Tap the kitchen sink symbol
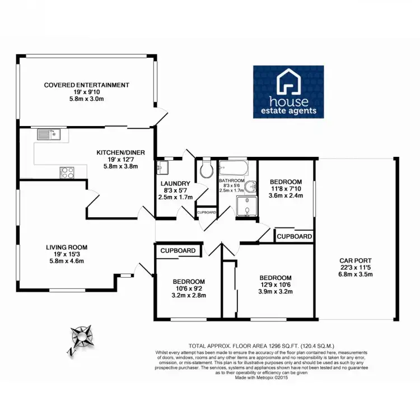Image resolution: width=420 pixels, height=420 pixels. pyautogui.click(x=48, y=134)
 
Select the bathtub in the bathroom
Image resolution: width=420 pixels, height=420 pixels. pyautogui.click(x=234, y=167)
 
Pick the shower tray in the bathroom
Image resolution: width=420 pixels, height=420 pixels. pyautogui.click(x=246, y=207)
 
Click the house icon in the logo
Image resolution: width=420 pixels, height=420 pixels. pyautogui.click(x=288, y=83)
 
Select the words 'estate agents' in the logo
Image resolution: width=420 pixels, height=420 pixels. pyautogui.click(x=288, y=111)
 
